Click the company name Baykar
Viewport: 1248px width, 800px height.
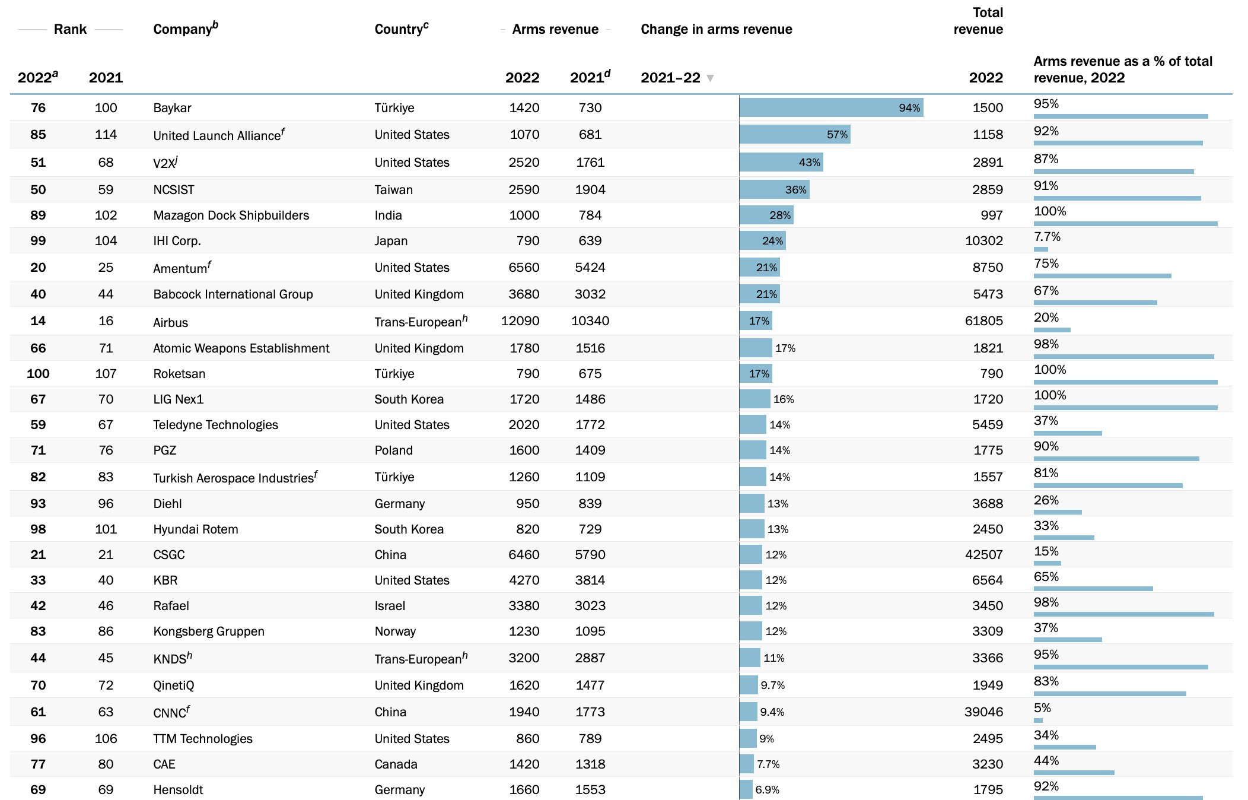click(172, 108)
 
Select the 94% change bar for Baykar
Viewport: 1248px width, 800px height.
click(830, 107)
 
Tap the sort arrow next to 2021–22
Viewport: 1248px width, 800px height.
click(710, 78)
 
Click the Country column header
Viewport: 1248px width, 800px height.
click(401, 29)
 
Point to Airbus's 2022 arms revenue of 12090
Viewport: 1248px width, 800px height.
click(520, 321)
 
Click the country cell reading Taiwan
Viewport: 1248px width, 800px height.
click(393, 190)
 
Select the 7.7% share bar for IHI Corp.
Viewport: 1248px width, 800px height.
click(1040, 249)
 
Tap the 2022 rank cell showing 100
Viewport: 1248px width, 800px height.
click(38, 374)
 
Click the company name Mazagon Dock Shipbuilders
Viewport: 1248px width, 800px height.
click(231, 215)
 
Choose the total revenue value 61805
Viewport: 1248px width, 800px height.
click(983, 321)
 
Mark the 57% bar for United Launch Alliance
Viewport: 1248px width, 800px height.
click(794, 135)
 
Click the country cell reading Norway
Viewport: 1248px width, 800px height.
click(395, 631)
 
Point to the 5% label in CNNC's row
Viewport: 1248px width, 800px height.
click(1042, 708)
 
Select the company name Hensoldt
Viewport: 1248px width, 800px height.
click(178, 790)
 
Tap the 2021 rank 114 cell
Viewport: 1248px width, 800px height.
click(106, 135)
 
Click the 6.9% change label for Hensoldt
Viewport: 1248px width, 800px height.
click(767, 790)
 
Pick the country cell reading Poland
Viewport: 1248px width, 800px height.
click(393, 450)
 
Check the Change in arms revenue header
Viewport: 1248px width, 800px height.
click(716, 29)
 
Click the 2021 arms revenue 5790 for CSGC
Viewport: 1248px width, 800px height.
click(590, 555)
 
